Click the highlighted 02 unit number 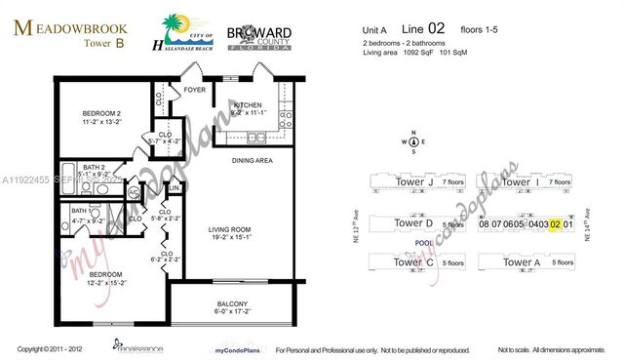(x=555, y=224)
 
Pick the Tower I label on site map (x=522, y=182)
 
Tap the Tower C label (x=413, y=263)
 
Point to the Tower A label (x=522, y=263)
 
